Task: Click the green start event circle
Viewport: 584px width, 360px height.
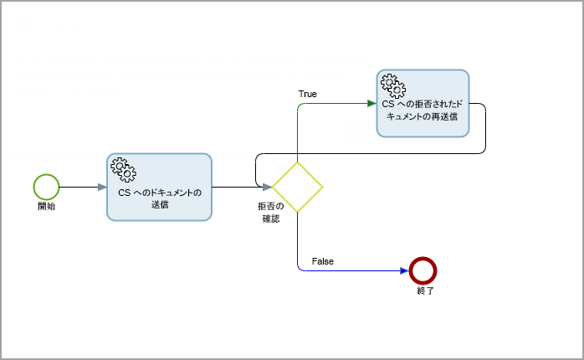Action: (x=46, y=187)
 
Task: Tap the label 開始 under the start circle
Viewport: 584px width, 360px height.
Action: (x=46, y=206)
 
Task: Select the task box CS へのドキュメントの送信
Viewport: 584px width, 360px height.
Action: (x=159, y=187)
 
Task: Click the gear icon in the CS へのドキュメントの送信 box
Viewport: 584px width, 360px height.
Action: (x=122, y=170)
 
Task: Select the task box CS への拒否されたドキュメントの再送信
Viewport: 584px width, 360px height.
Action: (x=422, y=103)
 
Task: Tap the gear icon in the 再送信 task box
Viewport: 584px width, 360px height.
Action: (x=392, y=85)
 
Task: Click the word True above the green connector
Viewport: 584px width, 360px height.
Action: (x=307, y=94)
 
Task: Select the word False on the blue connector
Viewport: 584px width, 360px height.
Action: (x=322, y=261)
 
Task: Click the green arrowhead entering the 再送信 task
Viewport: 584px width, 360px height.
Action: (x=371, y=104)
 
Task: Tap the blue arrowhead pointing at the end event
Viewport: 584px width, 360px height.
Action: (x=405, y=270)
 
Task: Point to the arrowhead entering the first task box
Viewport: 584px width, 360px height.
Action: (x=101, y=187)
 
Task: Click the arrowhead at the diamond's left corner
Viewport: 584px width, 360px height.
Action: (x=266, y=187)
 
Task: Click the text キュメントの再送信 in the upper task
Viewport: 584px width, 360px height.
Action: (x=423, y=117)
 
